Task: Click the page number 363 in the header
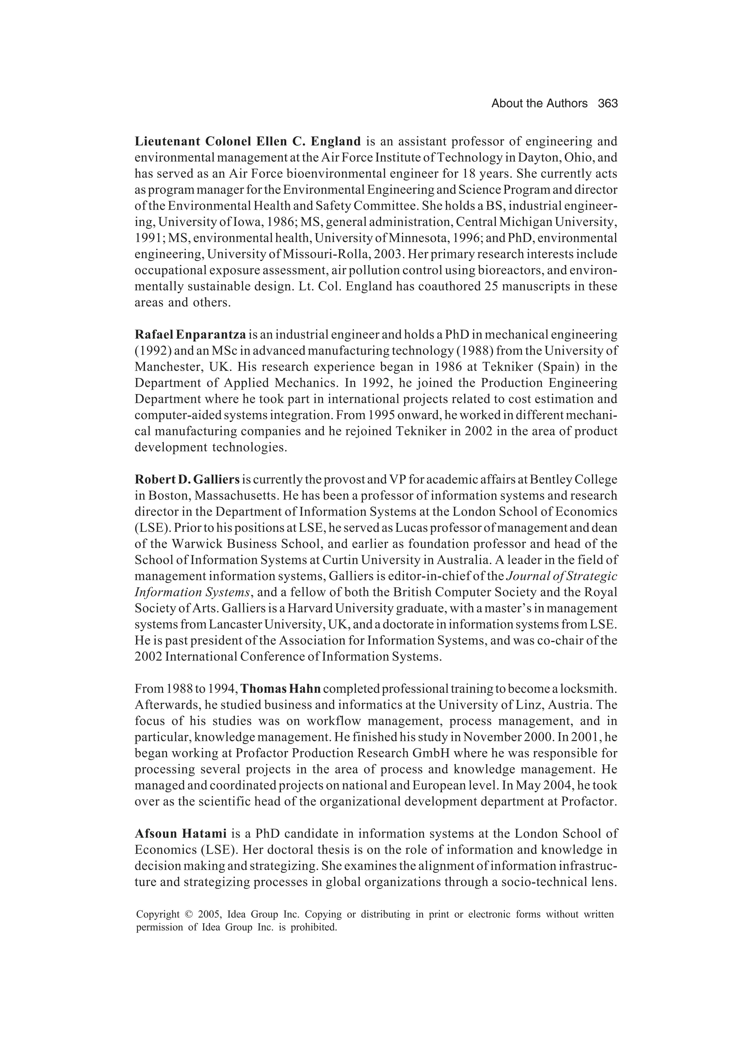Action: (x=607, y=103)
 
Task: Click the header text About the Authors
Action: (x=539, y=103)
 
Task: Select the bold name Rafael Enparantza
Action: (x=190, y=335)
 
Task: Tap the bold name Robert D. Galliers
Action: (x=187, y=480)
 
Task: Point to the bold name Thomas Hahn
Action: (x=281, y=689)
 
